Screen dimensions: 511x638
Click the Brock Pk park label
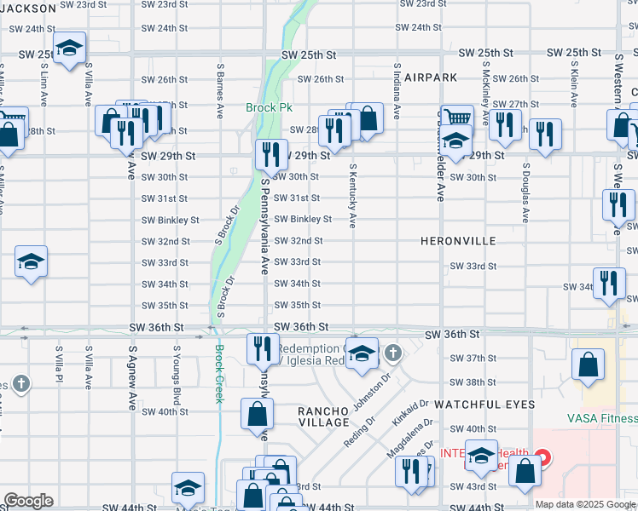tap(269, 108)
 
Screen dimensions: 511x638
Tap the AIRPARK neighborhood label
tap(431, 77)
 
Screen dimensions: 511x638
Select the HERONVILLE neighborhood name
tap(458, 241)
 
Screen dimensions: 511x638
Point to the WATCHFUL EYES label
tap(484, 404)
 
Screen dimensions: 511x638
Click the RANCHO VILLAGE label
tap(323, 416)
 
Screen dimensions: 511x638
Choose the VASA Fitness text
tap(602, 418)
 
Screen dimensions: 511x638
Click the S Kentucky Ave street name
tap(351, 197)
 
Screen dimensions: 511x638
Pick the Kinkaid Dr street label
tap(410, 412)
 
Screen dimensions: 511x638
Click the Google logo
tap(28, 501)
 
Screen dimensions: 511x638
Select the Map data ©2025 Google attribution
tap(584, 504)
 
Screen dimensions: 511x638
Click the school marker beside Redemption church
tap(362, 352)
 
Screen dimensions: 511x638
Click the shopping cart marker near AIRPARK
tap(457, 118)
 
